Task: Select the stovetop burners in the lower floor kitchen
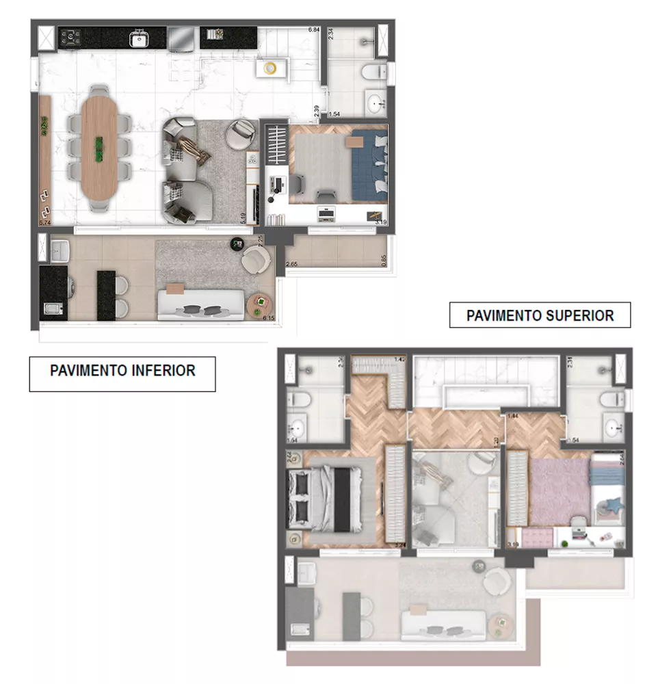(x=71, y=38)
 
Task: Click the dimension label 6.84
(x=314, y=30)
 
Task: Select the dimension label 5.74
(x=45, y=223)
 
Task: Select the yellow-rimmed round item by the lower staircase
(x=270, y=68)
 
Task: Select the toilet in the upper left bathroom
(x=298, y=399)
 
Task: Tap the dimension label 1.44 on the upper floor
(x=510, y=416)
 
